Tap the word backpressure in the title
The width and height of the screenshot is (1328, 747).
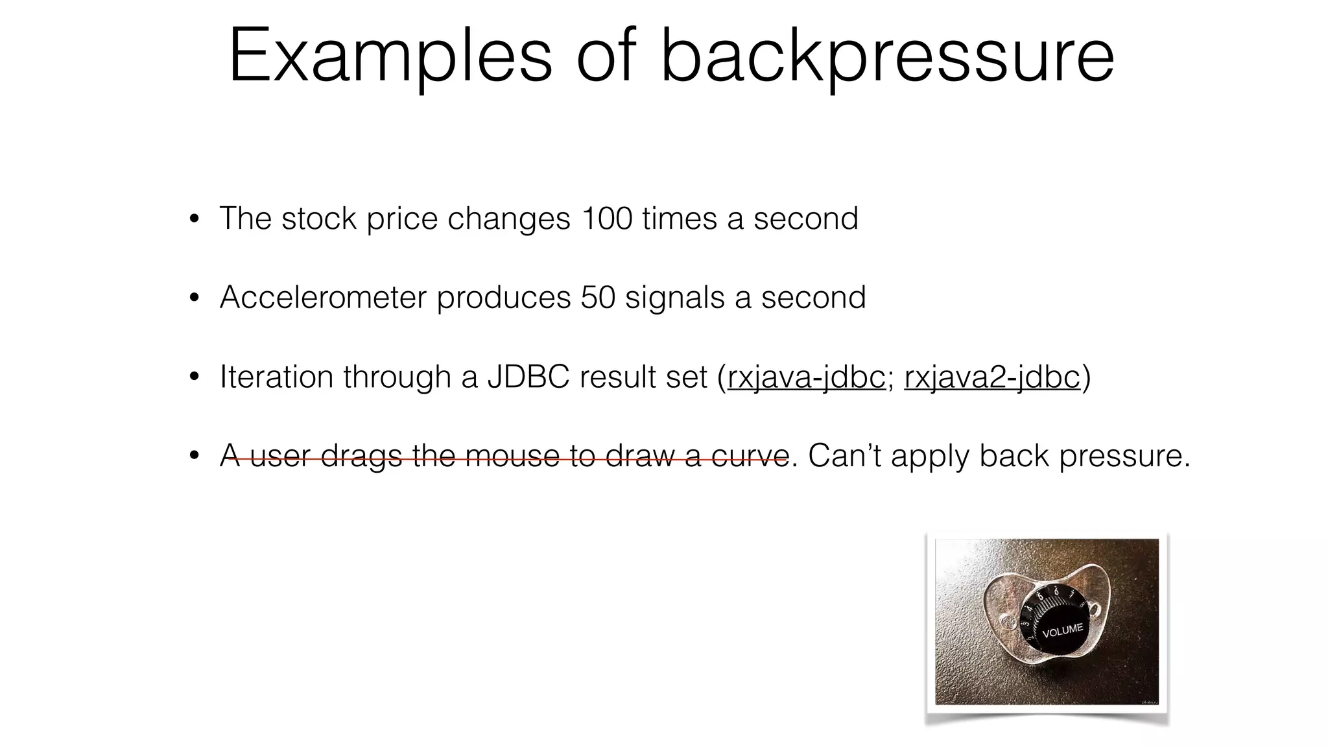[x=887, y=57]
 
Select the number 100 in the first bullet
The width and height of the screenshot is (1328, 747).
[x=606, y=219]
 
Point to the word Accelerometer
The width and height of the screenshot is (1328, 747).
[x=323, y=298]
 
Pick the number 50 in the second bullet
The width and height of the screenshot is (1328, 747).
[x=597, y=298]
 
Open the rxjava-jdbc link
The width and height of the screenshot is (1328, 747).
[x=806, y=377]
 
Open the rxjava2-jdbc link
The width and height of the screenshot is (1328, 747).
[x=991, y=377]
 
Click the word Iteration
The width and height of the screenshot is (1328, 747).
[x=277, y=377]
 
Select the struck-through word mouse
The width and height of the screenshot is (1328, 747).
[x=512, y=455]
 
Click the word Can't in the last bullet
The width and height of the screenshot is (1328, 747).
[x=844, y=455]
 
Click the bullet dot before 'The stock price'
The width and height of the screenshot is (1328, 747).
[x=194, y=219]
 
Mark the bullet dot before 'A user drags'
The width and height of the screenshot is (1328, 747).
[x=194, y=456]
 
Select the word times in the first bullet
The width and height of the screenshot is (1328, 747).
[x=680, y=219]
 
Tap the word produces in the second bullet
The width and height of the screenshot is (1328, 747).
[x=504, y=298]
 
